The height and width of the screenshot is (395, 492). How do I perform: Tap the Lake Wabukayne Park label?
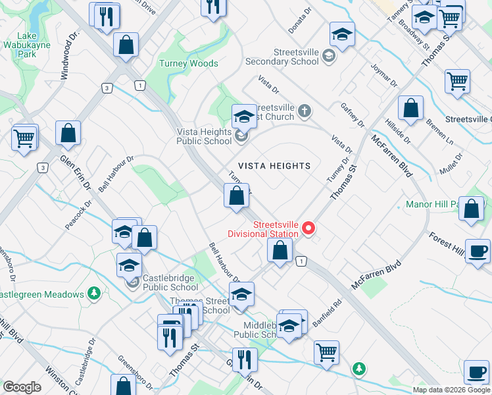pyautogui.click(x=27, y=45)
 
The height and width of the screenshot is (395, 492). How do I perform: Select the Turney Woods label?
pyautogui.click(x=188, y=64)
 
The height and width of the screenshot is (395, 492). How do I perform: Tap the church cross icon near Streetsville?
pyautogui.click(x=303, y=110)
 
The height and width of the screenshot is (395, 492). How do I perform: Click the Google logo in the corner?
pyautogui.click(x=22, y=387)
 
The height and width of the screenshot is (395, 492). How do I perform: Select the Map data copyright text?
pyautogui.click(x=451, y=390)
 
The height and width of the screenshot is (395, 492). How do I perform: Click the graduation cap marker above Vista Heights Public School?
pyautogui.click(x=243, y=117)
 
